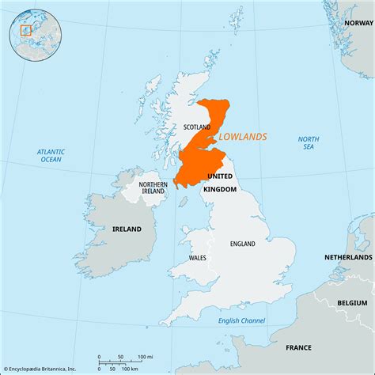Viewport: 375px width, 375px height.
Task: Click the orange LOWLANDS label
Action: [x=242, y=137]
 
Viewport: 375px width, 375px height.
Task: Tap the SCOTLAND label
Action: [x=198, y=127]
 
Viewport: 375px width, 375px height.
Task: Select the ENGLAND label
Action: [x=242, y=244]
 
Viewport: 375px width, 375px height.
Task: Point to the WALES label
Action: [x=199, y=258]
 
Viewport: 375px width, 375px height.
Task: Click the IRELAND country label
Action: [x=127, y=229]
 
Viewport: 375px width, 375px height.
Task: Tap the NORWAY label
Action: [x=358, y=24]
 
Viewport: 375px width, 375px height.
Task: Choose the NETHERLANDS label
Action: [x=348, y=258]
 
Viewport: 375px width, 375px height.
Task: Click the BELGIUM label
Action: [x=352, y=302]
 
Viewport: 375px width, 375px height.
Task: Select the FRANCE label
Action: [x=298, y=347]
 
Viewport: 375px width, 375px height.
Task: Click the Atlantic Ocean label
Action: [x=51, y=155]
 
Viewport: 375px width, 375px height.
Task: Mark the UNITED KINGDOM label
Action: [x=222, y=183]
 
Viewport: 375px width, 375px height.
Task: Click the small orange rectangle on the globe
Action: [x=25, y=31]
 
